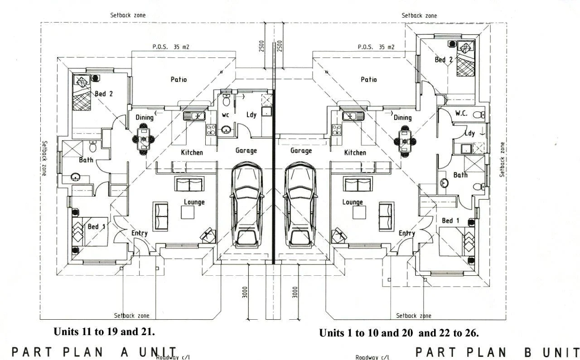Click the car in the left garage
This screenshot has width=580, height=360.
[x=247, y=205]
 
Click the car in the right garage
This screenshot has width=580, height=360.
[x=300, y=205]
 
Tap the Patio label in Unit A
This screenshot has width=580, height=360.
[x=179, y=79]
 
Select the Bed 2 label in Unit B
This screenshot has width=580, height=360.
[x=444, y=60]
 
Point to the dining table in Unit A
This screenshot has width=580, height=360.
[x=144, y=139]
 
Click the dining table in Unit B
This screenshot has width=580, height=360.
[x=405, y=142]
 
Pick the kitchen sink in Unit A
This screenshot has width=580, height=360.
[x=194, y=115]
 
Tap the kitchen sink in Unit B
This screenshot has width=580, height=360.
[x=353, y=115]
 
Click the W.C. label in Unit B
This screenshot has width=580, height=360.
[x=461, y=113]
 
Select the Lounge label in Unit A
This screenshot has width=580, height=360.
[x=194, y=202]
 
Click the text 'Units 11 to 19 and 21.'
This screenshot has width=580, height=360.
[x=104, y=331]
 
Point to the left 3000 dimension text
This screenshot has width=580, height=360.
[x=245, y=292]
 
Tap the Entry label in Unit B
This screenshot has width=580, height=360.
[x=407, y=234]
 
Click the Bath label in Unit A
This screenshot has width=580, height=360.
[x=86, y=160]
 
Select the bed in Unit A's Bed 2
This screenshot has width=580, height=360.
[x=82, y=92]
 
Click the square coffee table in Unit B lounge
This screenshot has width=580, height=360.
[x=359, y=212]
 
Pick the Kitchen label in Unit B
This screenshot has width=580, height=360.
[x=355, y=153]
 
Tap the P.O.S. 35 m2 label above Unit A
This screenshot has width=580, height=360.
[x=171, y=47]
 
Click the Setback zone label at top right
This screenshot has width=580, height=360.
[x=419, y=15]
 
